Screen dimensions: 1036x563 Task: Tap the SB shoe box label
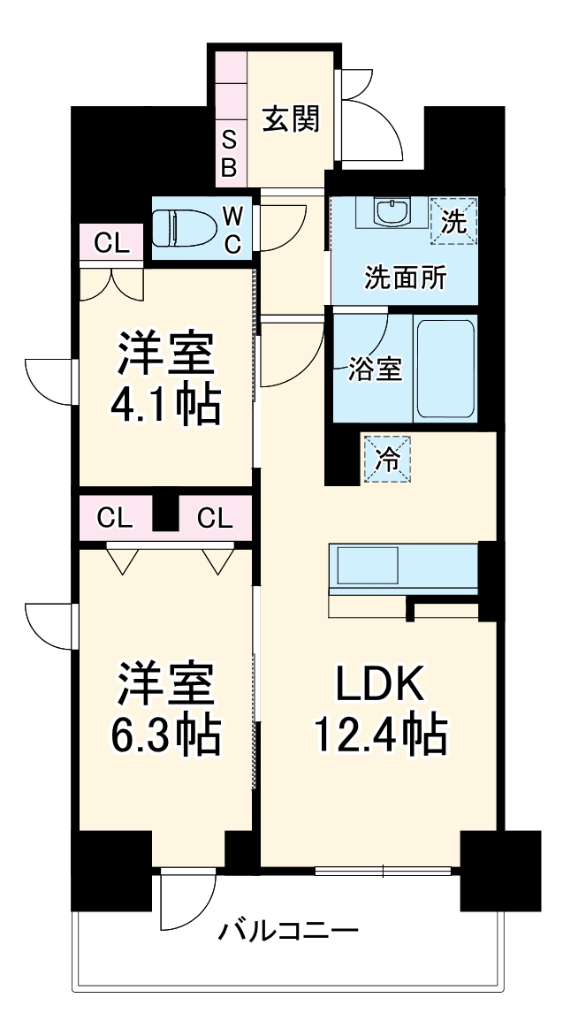point(228,154)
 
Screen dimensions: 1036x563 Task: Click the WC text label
point(232,229)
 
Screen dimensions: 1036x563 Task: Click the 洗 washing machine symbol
point(453,222)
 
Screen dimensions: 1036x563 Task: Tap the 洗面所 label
point(406,278)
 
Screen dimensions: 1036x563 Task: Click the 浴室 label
point(376,369)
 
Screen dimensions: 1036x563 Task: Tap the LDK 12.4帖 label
point(380,707)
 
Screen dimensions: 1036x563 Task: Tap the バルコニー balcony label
point(289,931)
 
